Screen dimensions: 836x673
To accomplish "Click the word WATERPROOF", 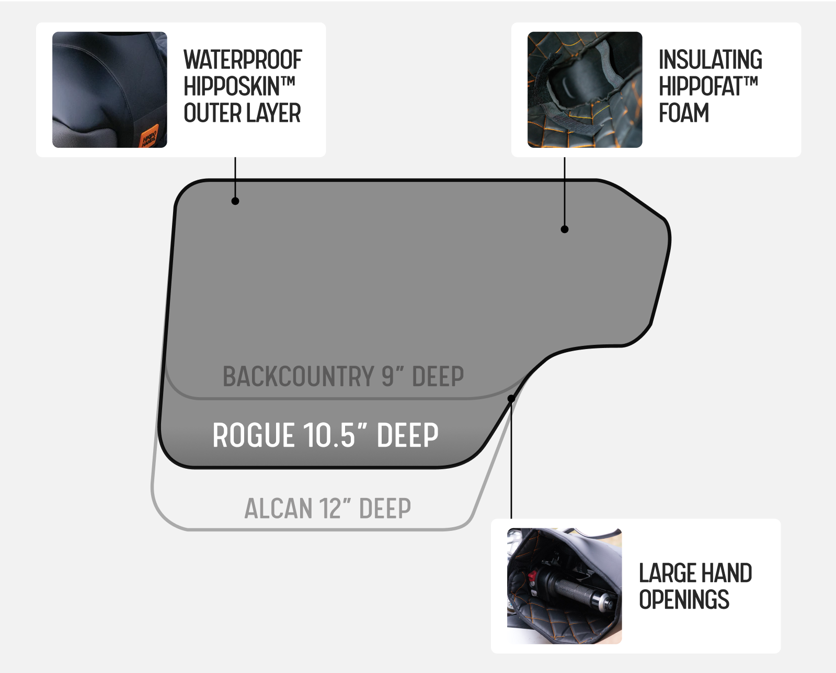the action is pyautogui.click(x=243, y=60).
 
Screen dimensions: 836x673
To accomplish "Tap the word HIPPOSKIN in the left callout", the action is pyautogui.click(x=232, y=86).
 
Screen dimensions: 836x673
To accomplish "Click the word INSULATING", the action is pyautogui.click(x=710, y=60).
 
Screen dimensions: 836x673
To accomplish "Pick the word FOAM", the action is pyautogui.click(x=684, y=113).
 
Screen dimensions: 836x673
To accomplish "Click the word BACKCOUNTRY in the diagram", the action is pyautogui.click(x=299, y=376).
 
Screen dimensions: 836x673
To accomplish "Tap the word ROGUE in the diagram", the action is pyautogui.click(x=253, y=435).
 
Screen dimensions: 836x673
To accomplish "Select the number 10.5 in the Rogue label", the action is pyautogui.click(x=329, y=435).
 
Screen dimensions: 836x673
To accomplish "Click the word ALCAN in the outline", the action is pyautogui.click(x=278, y=508).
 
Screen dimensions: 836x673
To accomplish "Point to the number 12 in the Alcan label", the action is pyautogui.click(x=329, y=508).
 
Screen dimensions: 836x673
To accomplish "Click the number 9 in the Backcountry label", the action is pyautogui.click(x=388, y=376).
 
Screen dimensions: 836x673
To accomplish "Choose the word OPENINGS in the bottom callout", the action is pyautogui.click(x=684, y=599).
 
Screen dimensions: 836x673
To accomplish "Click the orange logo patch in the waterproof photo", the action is pyautogui.click(x=149, y=135).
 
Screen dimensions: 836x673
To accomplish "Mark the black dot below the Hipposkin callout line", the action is pyautogui.click(x=235, y=201).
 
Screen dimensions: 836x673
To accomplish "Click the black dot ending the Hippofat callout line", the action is pyautogui.click(x=565, y=229).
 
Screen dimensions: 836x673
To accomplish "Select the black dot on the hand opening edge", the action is pyautogui.click(x=511, y=399).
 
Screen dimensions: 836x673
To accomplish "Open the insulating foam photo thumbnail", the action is pyautogui.click(x=585, y=90).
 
